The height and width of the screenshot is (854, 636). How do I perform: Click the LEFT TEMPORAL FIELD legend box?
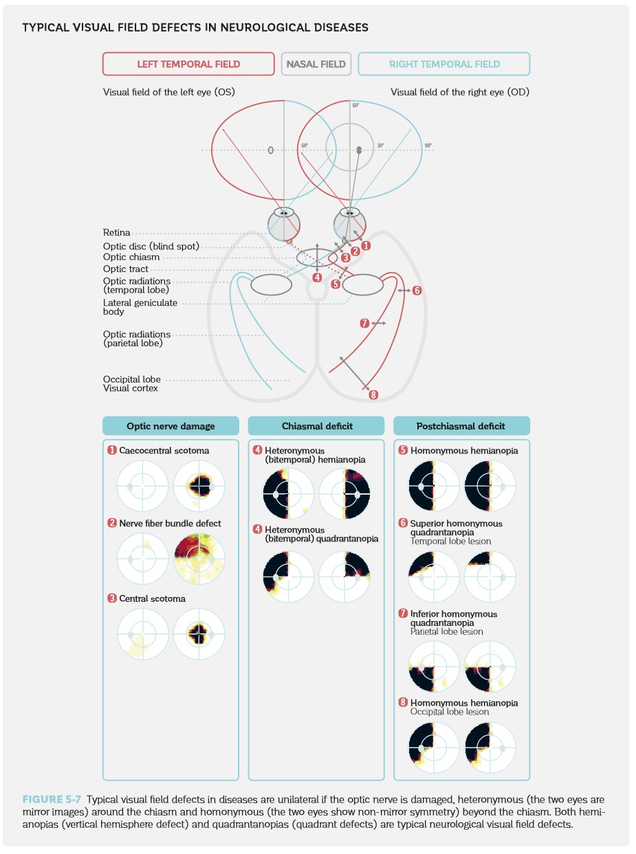pos(188,64)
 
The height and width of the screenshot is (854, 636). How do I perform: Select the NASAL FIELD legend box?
pos(316,64)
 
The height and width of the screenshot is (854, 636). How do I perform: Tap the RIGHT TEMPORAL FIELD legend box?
pos(444,64)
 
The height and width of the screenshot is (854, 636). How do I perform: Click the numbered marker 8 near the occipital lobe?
pos(373,394)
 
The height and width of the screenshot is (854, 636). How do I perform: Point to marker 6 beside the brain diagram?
pos(417,291)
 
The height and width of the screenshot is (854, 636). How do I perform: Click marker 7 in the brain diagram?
pos(365,323)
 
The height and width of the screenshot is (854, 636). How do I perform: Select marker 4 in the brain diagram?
pos(317,278)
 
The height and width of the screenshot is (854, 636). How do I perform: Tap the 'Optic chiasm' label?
pos(131,257)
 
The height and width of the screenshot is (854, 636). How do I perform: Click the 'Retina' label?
pos(116,233)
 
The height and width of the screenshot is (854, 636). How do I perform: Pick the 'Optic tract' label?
pos(125,269)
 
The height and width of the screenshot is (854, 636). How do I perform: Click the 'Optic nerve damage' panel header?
pos(171,426)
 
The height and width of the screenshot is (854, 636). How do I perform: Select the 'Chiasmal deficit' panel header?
pos(317,426)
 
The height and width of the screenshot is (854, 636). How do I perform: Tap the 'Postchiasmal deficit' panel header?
pos(461,426)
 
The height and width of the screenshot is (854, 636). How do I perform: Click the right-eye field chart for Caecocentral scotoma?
pos(199,486)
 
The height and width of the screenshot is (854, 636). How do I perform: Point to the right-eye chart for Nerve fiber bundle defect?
pos(199,558)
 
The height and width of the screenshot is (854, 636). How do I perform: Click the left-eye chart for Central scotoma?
pos(142,633)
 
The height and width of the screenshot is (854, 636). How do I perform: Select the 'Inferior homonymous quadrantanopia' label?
pos(454,618)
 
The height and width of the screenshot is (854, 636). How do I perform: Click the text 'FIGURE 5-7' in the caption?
pos(52,799)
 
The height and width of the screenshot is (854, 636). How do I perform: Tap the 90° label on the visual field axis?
pos(428,146)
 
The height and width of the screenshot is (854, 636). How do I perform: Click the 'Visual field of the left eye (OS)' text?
pos(168,92)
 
